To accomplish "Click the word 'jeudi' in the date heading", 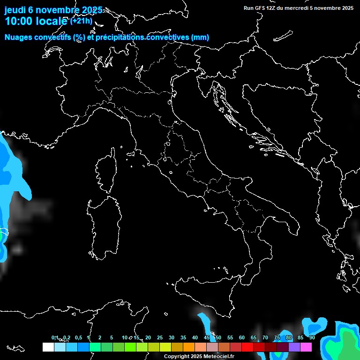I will coord(15,10).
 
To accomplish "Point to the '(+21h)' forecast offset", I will coord(82,21).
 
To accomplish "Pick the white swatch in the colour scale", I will coord(48,347).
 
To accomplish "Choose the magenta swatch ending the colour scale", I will coord(306,347).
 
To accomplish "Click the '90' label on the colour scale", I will coord(312,337).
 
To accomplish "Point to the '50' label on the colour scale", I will coord(218,337).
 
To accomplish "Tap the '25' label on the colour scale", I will coord(160,337).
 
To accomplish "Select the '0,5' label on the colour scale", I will coord(78,337).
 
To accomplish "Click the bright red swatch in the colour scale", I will coord(247,347).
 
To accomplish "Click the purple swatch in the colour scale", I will coord(294,347).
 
